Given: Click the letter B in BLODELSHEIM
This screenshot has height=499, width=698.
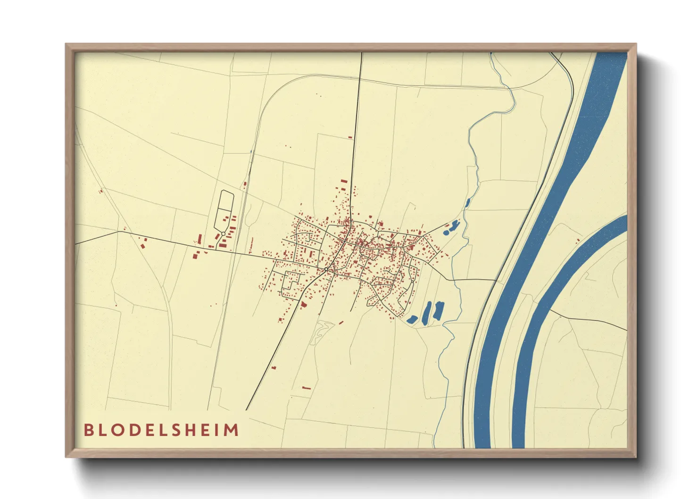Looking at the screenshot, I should [88, 430].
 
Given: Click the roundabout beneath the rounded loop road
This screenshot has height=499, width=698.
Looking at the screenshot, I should [223, 233].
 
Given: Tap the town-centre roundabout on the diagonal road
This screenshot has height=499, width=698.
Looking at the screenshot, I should [326, 269].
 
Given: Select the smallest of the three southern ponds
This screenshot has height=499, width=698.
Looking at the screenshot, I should [411, 319].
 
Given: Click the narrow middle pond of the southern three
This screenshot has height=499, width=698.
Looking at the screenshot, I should [427, 312].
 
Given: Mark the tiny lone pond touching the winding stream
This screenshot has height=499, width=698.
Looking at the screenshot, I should [467, 203].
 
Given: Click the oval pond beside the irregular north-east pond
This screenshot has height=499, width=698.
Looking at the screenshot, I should [446, 233].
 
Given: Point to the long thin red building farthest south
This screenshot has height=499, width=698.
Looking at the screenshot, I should [307, 388].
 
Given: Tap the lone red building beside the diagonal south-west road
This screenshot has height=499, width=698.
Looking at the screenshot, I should [274, 367].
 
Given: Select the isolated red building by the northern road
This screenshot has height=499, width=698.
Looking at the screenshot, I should [350, 137].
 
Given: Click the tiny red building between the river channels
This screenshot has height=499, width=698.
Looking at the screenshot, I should [578, 241].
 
